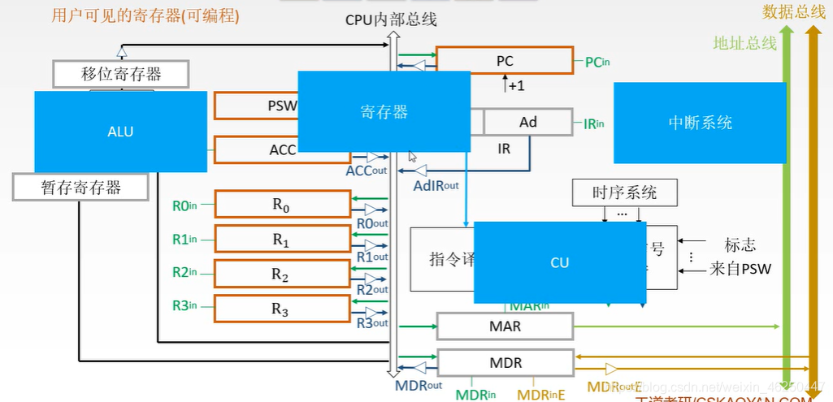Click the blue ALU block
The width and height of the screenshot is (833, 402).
click(x=120, y=132)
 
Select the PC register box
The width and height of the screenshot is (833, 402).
click(x=505, y=60)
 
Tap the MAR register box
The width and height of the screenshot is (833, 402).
click(x=505, y=326)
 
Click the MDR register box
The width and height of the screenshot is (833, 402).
click(x=505, y=363)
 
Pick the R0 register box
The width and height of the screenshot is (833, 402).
click(x=281, y=205)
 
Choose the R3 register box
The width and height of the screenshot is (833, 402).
click(x=281, y=309)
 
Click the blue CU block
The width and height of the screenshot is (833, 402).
click(x=559, y=262)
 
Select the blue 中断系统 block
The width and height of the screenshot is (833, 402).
click(x=700, y=123)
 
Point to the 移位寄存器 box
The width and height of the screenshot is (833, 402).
click(x=121, y=75)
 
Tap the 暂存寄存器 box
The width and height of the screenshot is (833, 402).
click(x=81, y=188)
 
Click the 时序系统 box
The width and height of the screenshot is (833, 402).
click(x=624, y=193)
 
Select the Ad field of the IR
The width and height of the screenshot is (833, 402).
click(x=528, y=122)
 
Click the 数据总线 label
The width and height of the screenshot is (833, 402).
click(x=794, y=11)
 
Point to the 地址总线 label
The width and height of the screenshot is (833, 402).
click(x=744, y=43)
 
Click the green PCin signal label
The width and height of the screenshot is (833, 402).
click(x=597, y=62)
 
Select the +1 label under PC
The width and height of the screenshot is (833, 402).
click(x=514, y=84)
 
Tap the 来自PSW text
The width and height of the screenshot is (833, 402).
click(x=740, y=268)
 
